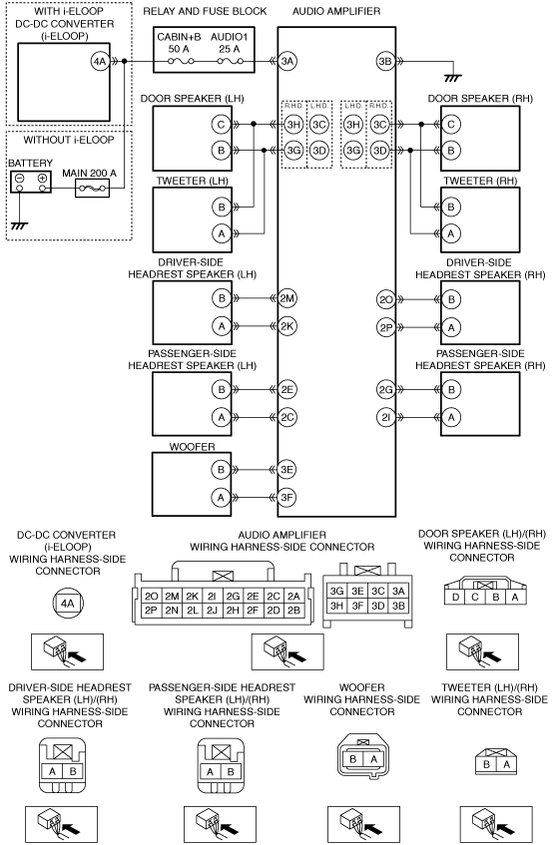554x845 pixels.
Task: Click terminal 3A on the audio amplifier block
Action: coord(287,62)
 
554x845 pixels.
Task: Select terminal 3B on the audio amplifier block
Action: coord(385,62)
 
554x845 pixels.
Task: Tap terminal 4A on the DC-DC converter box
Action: coord(100,62)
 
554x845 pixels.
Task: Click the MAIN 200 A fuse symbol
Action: coord(92,189)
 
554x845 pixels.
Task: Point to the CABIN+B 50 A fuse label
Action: coord(179,43)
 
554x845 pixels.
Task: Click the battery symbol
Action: coord(31,182)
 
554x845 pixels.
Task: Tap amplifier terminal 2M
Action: coord(286,298)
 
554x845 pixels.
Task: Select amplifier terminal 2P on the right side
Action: coord(385,327)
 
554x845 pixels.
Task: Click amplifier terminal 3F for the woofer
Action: coord(286,498)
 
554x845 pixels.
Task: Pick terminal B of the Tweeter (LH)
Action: coord(221,207)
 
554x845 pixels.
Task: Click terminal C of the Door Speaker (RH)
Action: coord(451,125)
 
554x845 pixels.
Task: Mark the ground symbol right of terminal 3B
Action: coord(453,78)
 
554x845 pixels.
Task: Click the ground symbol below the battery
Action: coord(19,225)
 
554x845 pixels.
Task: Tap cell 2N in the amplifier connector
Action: coord(172,610)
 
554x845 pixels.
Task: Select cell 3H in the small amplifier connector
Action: coord(337,606)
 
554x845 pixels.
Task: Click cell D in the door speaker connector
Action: coord(456,597)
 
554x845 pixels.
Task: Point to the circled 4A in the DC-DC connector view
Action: coord(68,604)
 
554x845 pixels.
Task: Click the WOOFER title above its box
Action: coord(192,447)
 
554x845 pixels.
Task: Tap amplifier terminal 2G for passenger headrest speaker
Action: coord(385,390)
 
